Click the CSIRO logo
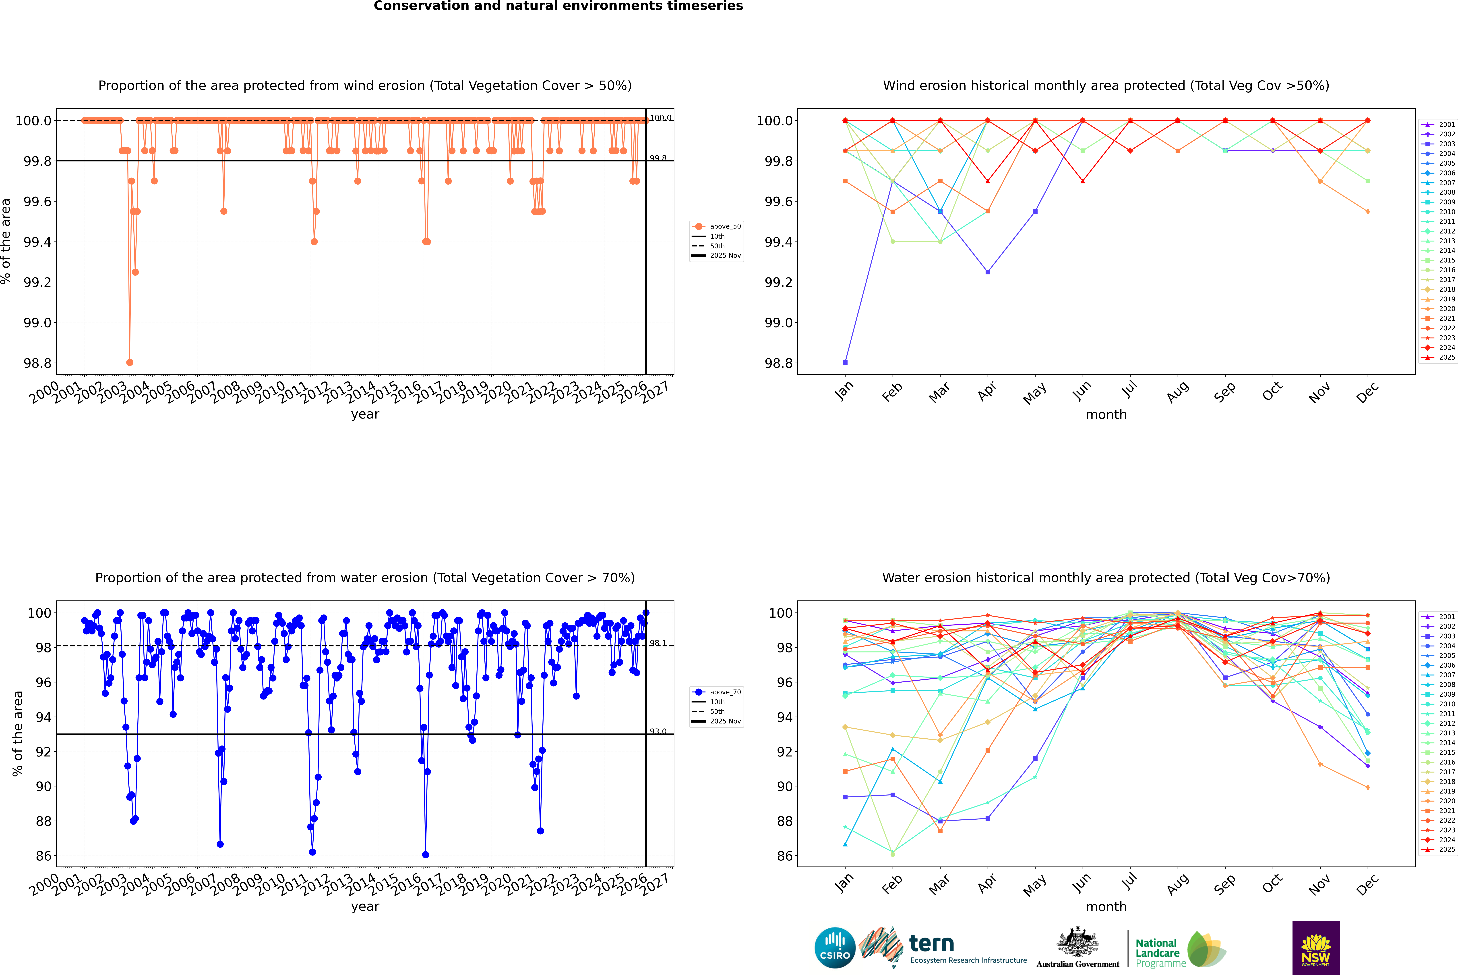[x=835, y=948]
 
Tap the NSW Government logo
[x=1316, y=948]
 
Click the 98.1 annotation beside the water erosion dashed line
[x=658, y=643]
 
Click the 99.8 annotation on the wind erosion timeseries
[x=658, y=158]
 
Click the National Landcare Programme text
[x=1157, y=953]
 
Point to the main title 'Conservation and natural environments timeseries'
[x=558, y=6]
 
